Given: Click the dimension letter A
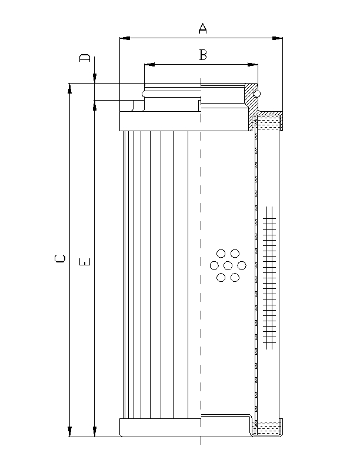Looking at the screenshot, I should [202, 28].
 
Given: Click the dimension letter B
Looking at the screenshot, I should [202, 55].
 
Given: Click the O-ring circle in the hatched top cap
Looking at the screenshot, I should [256, 93].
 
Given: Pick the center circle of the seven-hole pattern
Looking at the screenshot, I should [228, 265].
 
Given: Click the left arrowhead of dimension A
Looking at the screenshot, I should [124, 39].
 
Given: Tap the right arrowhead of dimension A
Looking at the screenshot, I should [278, 39].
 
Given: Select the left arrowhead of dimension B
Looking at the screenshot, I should [148, 64].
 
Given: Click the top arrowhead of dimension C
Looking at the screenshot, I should [70, 87].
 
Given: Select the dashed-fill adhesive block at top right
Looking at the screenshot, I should [267, 123].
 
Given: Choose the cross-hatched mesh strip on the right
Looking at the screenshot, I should [270, 275].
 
